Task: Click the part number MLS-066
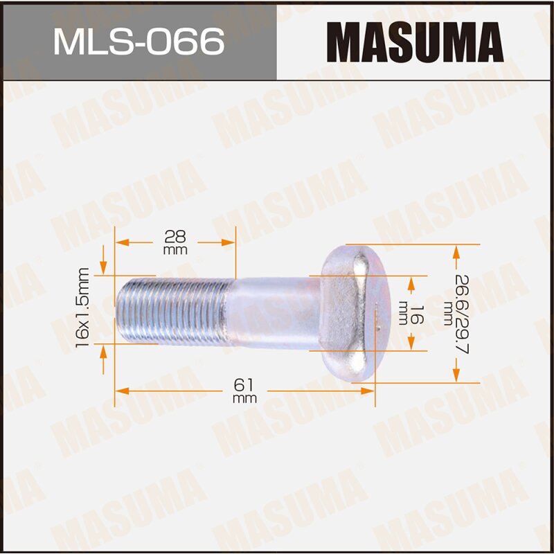[x=138, y=42]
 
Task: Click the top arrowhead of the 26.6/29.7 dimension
[x=456, y=251]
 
